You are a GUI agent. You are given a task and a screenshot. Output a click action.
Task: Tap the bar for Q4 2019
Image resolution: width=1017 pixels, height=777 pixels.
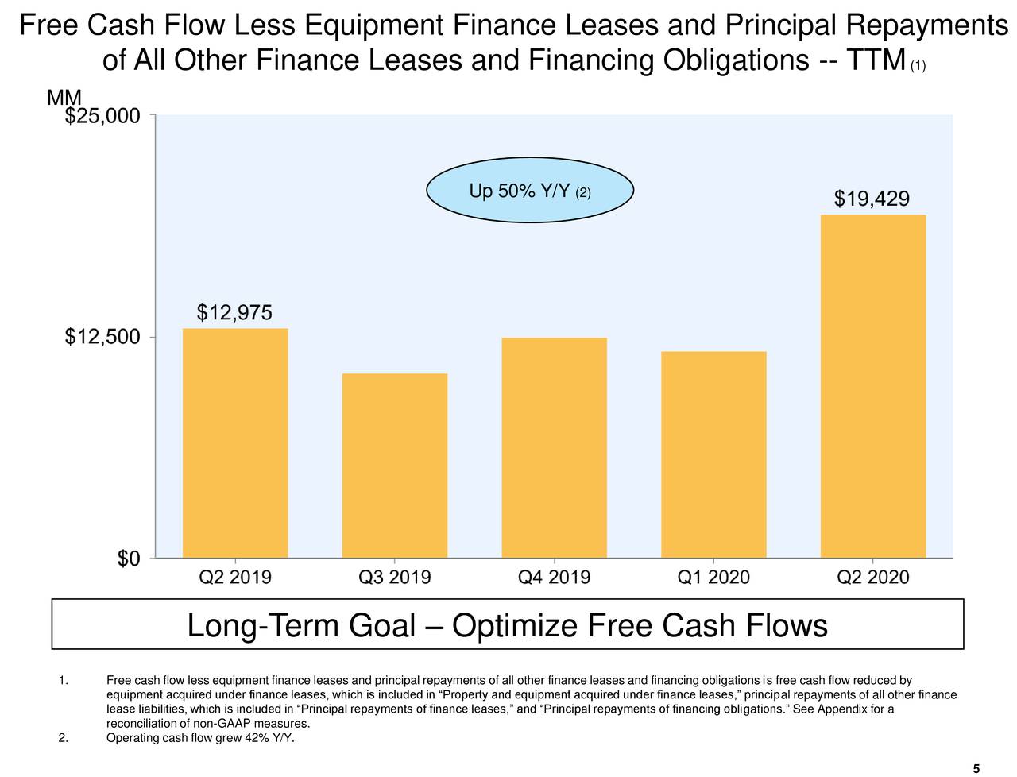coord(555,448)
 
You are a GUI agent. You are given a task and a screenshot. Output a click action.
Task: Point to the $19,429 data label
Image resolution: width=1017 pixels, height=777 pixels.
coord(872,199)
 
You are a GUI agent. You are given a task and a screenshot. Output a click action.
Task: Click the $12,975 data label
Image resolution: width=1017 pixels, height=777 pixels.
coord(234,314)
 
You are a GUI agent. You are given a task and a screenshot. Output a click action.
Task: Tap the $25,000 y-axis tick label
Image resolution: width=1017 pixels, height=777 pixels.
coord(103,117)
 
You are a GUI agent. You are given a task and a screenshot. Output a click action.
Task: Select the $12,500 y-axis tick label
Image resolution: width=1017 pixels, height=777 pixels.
coord(103,338)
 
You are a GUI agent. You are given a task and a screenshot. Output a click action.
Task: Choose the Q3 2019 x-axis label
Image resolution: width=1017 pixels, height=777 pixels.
coord(395,578)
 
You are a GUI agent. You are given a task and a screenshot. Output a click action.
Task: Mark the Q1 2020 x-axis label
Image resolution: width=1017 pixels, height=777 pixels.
coord(713,578)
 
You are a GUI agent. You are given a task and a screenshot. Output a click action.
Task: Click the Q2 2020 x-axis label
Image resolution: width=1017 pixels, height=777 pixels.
coord(873,578)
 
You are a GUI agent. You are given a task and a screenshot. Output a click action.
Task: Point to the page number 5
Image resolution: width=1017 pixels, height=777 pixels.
coord(975,767)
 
